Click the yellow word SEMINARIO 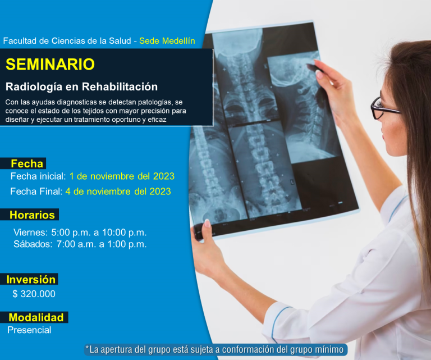pyautogui.click(x=50, y=65)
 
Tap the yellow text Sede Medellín pyautogui.click(x=167, y=40)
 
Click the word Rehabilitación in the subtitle pyautogui.click(x=120, y=87)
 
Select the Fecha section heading pyautogui.click(x=27, y=163)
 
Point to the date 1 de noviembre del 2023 pyautogui.click(x=122, y=176)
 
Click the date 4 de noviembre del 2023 pyautogui.click(x=118, y=191)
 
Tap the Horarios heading pyautogui.click(x=32, y=215)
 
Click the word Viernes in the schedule pyautogui.click(x=30, y=233)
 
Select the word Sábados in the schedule pyautogui.click(x=33, y=244)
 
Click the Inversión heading pyautogui.click(x=31, y=280)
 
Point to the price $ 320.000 pyautogui.click(x=34, y=294)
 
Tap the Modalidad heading pyautogui.click(x=36, y=317)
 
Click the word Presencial pyautogui.click(x=29, y=330)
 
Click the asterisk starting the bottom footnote pyautogui.click(x=87, y=348)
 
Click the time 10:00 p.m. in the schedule pyautogui.click(x=124, y=233)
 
